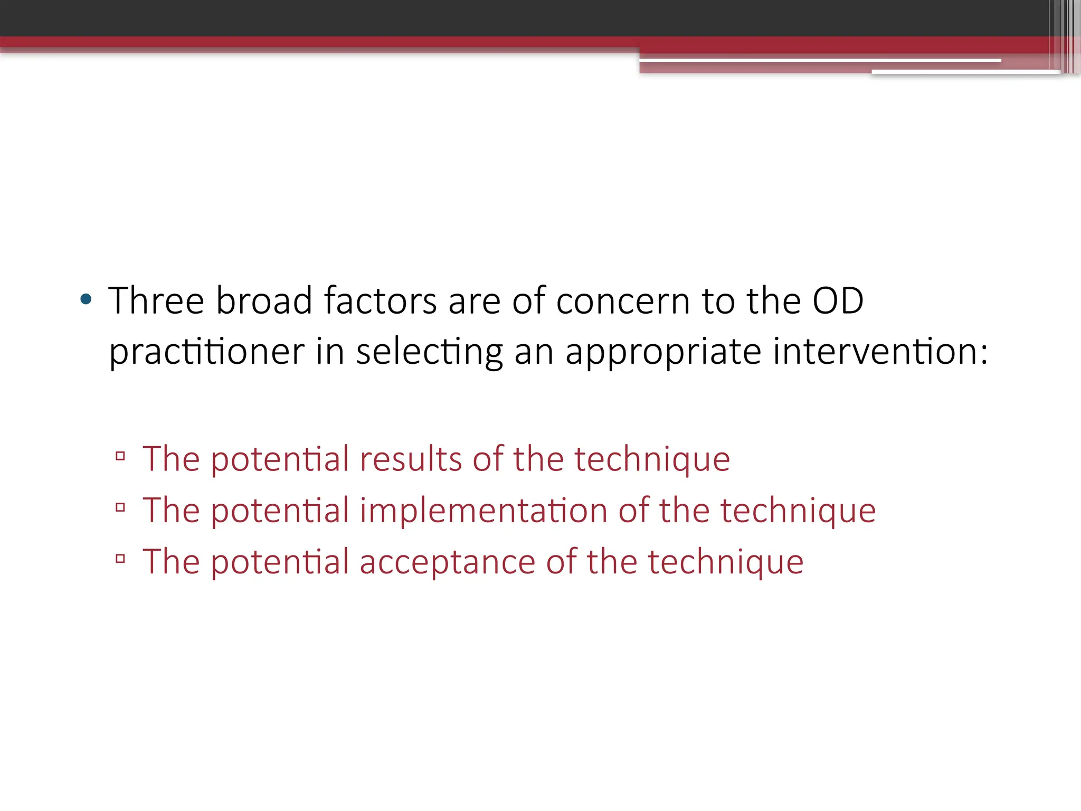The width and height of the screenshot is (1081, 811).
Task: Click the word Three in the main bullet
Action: tap(156, 301)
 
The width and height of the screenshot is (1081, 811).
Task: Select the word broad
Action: tap(264, 301)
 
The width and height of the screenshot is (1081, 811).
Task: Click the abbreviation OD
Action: tap(838, 301)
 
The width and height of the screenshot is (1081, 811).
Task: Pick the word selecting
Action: tap(429, 353)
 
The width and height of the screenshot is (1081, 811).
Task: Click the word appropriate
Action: tap(663, 353)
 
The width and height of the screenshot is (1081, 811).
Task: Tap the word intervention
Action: tap(874, 352)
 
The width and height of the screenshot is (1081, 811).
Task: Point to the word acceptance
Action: tap(447, 562)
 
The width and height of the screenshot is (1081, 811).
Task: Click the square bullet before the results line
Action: tap(120, 456)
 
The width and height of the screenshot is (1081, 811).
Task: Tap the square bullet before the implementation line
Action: tap(120, 507)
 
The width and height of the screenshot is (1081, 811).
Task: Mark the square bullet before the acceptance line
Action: tap(120, 559)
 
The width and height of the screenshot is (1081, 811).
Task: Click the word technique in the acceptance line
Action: tap(726, 562)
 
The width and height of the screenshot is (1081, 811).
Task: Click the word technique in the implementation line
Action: tap(798, 511)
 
